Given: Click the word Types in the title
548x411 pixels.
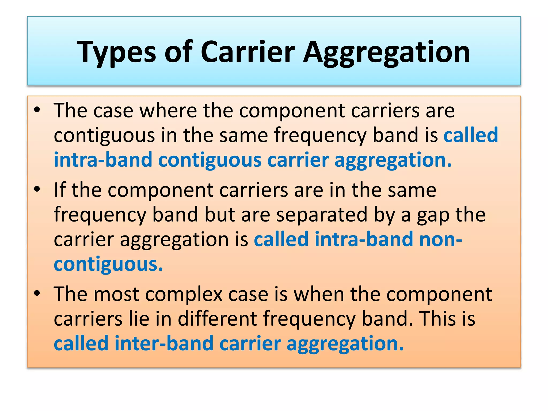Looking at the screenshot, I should click(x=116, y=52).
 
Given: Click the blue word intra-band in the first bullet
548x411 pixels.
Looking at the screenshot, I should click(x=103, y=160).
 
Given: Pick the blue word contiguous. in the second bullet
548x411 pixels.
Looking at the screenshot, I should click(x=108, y=264).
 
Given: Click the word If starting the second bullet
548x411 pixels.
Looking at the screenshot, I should click(x=60, y=190).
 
